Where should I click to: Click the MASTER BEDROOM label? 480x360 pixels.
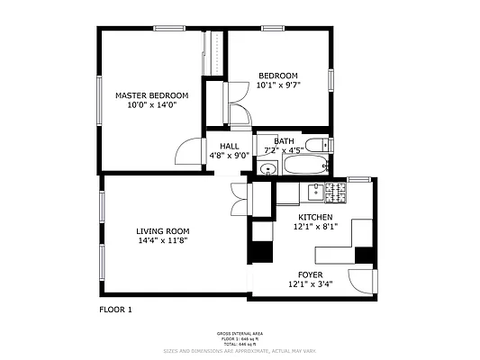pos(151,95)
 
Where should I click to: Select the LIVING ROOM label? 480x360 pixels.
pos(163,231)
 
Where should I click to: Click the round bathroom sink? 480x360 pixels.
pos(267,168)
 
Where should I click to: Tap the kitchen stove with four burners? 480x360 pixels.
pos(335,192)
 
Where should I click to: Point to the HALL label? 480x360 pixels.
pos(229,145)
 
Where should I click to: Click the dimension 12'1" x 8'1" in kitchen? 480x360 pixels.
pos(315,228)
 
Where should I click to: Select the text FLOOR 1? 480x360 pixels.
pos(115,310)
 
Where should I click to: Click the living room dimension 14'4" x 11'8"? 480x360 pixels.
pos(163,241)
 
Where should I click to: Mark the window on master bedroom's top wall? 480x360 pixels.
pos(168,28)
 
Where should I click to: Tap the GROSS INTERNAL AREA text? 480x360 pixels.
pos(240,333)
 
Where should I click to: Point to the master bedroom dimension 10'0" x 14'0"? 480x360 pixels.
pos(151,105)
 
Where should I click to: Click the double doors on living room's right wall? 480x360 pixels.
pos(240,198)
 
